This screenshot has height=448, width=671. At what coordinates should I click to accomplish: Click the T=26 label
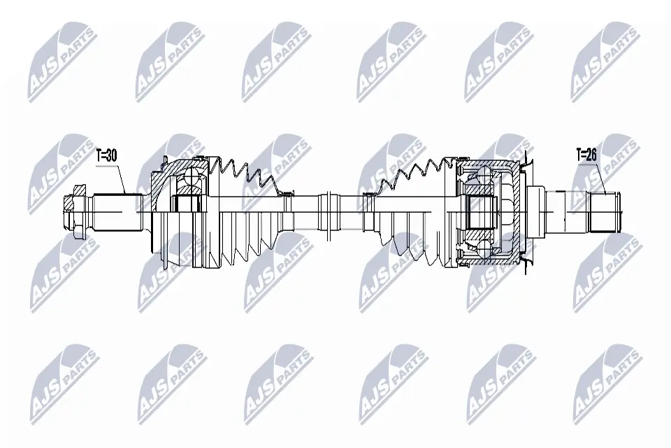pos(586,154)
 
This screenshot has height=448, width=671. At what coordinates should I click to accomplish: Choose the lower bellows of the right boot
pos(405,241)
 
